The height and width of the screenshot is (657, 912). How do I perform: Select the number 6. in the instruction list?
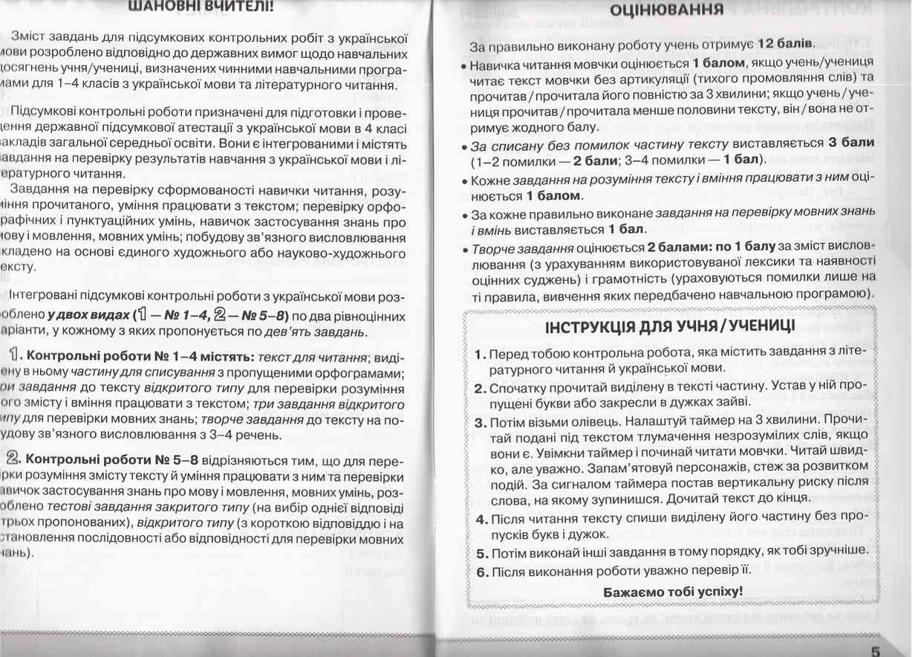pos(480,572)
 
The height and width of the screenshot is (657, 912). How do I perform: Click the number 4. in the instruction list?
pos(480,518)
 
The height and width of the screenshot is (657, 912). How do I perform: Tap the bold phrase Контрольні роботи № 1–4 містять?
pos(140,355)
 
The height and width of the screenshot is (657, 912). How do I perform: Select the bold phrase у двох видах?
pos(88,315)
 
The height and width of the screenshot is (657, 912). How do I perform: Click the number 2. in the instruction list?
pos(480,388)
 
